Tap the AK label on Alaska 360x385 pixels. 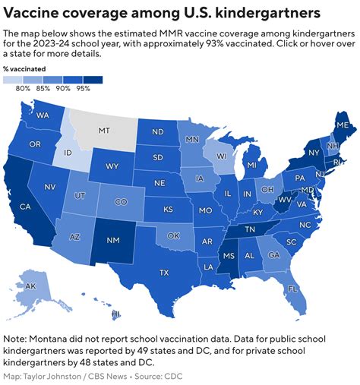pyautogui.click(x=31, y=286)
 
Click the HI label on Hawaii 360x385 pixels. pyautogui.click(x=116, y=314)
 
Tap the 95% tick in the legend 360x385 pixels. pyautogui.click(x=83, y=89)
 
